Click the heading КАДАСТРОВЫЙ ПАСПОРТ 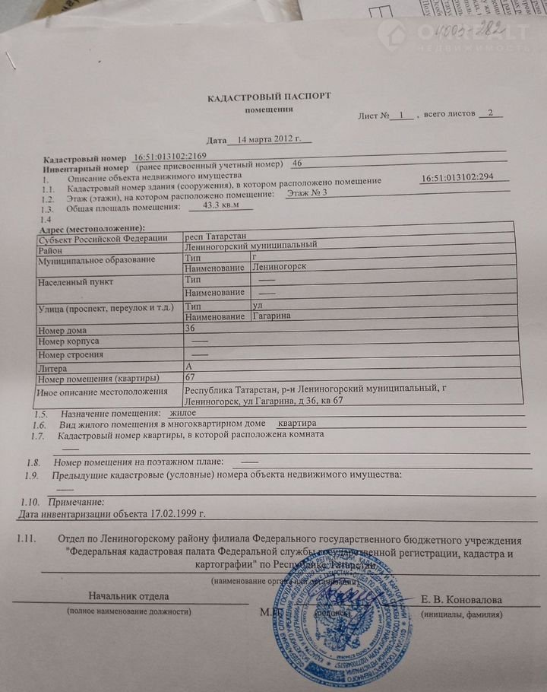[x=270, y=97]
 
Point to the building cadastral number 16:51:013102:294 [x=457, y=177]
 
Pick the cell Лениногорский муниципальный [x=251, y=245]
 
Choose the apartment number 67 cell [x=191, y=377]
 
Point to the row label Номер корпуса [x=68, y=341]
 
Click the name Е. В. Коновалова [x=461, y=599]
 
